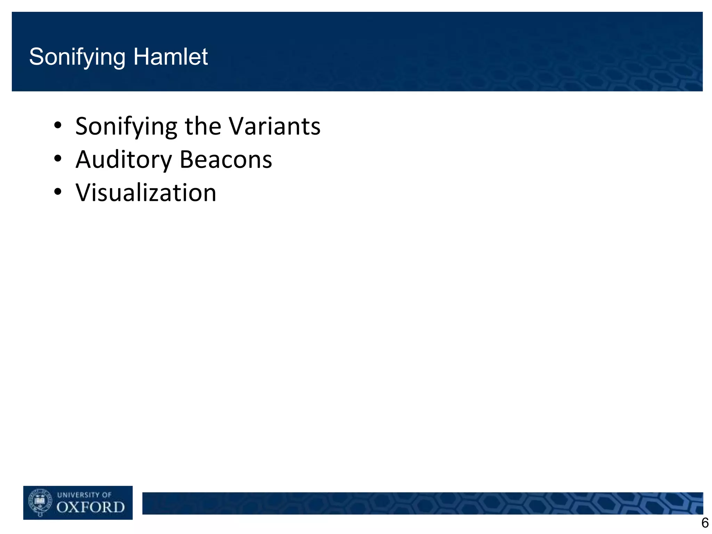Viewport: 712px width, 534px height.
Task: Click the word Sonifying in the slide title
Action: point(77,57)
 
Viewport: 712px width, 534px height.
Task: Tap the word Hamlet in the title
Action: point(170,57)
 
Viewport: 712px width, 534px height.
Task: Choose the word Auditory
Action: point(124,160)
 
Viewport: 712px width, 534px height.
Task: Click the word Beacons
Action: point(226,160)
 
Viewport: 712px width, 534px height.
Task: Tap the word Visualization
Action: point(146,193)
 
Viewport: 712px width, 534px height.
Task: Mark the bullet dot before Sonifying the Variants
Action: point(58,125)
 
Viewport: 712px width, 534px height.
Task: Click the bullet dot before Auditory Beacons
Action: point(58,159)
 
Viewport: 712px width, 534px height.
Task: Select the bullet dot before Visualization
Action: point(58,192)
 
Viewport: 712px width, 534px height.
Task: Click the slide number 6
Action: point(705,523)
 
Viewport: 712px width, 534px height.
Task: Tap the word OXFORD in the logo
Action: point(90,508)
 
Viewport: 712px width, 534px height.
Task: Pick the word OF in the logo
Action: point(106,495)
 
